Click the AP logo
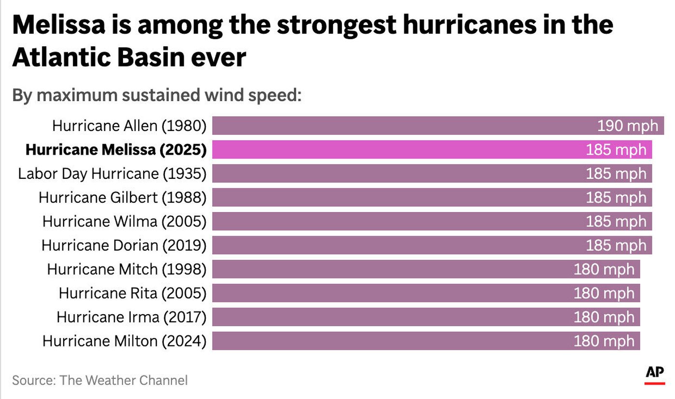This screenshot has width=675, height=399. point(654,374)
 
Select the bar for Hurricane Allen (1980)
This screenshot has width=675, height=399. point(400,126)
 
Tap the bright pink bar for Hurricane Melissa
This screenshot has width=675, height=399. point(395,150)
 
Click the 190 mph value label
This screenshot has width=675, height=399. point(627,126)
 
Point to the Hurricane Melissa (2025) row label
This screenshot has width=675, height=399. point(116,150)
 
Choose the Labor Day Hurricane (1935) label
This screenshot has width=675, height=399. point(112,173)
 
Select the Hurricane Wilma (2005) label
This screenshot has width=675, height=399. point(124,221)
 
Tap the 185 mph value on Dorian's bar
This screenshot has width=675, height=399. point(616,245)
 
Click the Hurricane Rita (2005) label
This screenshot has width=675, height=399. point(132,293)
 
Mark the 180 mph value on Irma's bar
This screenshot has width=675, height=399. point(604,317)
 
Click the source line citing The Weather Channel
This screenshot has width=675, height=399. point(100,380)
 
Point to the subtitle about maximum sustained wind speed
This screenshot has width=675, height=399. point(157,95)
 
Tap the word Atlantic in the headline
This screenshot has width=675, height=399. point(62,58)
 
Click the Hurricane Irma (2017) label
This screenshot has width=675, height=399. point(131,317)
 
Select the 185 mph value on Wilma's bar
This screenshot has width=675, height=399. point(616,221)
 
